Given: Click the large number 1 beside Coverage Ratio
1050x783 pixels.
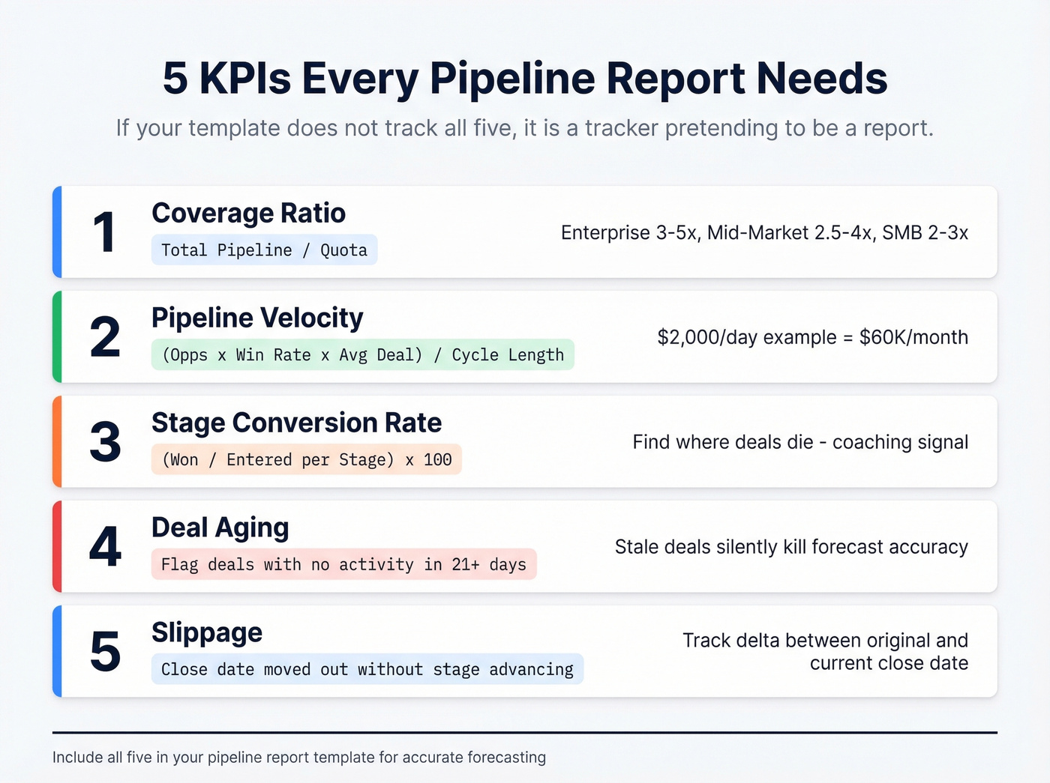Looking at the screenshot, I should (103, 232).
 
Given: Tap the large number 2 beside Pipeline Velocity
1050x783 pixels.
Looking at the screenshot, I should (105, 337).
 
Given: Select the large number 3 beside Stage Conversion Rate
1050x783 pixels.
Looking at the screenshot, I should (105, 442).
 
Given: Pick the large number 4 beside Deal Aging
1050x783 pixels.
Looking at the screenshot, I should (105, 547).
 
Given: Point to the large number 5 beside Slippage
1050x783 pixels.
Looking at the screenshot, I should (105, 651).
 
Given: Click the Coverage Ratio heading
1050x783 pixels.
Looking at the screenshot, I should (248, 214).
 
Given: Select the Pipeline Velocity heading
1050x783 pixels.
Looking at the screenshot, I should (257, 318).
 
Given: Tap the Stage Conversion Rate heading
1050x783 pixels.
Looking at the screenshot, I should (296, 423).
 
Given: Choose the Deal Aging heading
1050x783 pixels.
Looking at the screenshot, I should (220, 528).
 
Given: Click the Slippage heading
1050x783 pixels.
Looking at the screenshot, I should (207, 633).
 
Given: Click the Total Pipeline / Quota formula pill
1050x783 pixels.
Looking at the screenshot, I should (264, 250).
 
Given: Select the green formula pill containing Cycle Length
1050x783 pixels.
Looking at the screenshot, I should (363, 355).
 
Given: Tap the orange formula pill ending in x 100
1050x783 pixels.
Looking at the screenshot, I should (307, 460).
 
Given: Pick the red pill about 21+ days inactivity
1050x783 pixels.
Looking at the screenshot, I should (343, 565).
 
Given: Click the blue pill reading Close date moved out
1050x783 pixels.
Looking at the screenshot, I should (367, 670).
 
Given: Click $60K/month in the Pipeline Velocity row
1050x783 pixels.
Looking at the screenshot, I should (913, 337).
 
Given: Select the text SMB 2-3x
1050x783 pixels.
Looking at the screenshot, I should (925, 233).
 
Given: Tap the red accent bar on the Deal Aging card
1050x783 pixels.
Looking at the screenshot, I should (57, 547).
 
